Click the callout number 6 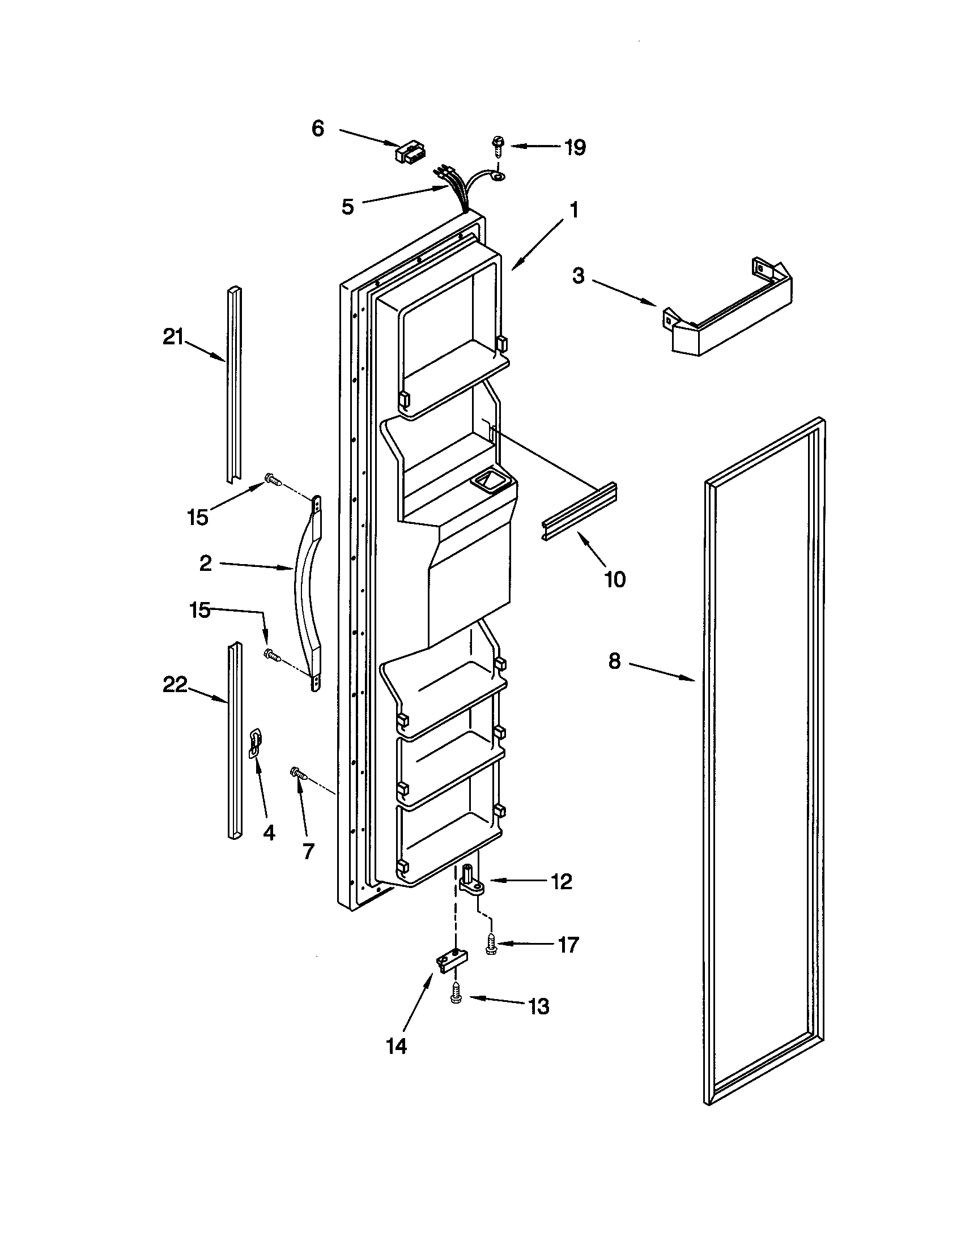click(318, 129)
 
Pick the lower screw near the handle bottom click(272, 655)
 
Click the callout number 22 click(175, 685)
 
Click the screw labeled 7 click(299, 774)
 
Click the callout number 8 click(614, 662)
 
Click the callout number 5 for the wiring click(347, 207)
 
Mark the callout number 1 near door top click(575, 211)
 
